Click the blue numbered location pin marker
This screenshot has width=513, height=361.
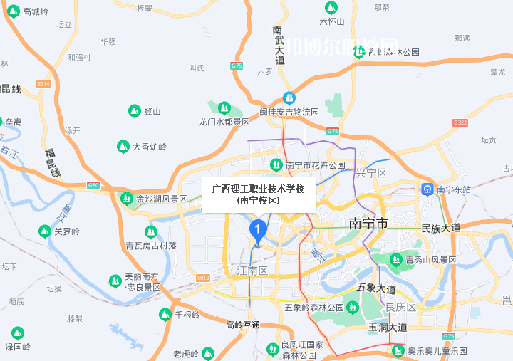tap(257, 229)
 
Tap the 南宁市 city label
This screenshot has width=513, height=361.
tap(369, 224)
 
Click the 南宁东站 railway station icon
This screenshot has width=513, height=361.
tap(427, 189)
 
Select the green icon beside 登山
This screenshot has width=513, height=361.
tap(134, 111)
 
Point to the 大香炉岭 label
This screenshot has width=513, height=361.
tap(150, 147)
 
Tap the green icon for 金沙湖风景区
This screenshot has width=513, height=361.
tap(127, 199)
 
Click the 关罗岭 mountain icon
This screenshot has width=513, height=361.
tap(45, 231)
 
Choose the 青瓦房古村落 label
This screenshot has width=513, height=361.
tap(151, 246)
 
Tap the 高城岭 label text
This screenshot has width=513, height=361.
tap(36, 11)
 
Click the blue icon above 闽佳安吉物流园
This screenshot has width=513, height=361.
tap(289, 98)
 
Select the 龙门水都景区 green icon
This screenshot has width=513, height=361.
tap(224, 109)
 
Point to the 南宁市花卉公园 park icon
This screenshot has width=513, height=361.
tap(276, 165)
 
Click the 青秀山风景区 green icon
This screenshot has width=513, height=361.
tap(396, 260)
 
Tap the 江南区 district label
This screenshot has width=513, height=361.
tap(252, 271)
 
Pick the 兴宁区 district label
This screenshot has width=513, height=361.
tap(370, 173)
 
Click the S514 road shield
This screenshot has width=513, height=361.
tap(44, 84)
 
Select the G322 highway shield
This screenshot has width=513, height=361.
tap(460, 122)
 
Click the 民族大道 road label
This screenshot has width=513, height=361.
tap(441, 228)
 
